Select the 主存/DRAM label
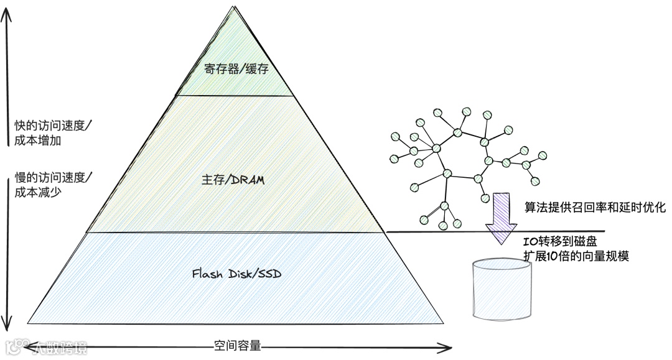point(233,180)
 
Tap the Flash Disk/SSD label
point(232,273)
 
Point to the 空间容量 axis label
point(237,345)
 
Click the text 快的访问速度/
point(53,126)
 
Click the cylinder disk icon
point(502,289)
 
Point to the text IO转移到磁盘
point(560,242)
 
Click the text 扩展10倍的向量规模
point(576,256)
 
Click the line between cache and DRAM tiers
point(235,96)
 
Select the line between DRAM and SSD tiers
point(235,233)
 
